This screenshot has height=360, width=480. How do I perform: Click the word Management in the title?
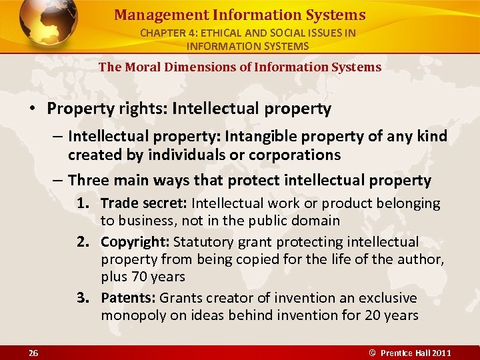[x=151, y=15]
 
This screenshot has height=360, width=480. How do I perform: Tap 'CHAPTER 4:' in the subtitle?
[x=166, y=33]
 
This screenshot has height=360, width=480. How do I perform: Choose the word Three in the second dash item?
[x=89, y=180]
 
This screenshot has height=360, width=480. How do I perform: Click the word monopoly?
[x=134, y=315]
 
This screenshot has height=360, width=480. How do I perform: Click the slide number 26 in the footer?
[x=33, y=353]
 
